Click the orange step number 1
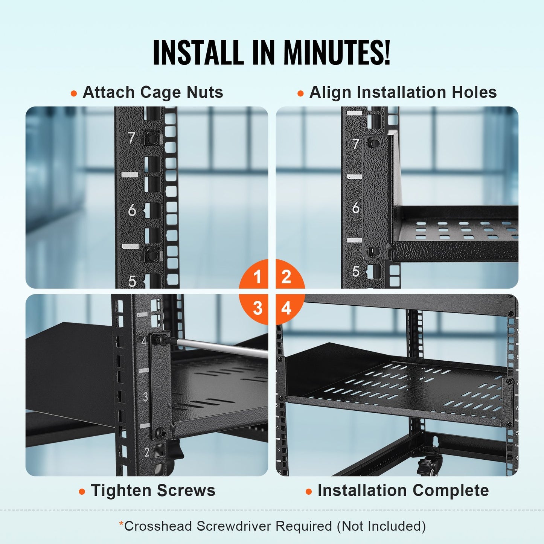[x=258, y=277]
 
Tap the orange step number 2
[x=286, y=277]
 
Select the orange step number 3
[x=258, y=308]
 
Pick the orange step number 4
[x=286, y=308]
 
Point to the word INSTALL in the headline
[x=198, y=52]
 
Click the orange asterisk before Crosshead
[x=121, y=524]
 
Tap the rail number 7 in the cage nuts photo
[x=131, y=138]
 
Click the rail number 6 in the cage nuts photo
[x=132, y=210]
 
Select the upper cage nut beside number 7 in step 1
[x=151, y=139]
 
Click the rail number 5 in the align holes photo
[x=356, y=271]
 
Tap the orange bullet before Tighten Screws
[x=82, y=492]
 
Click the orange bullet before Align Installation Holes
[x=300, y=93]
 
